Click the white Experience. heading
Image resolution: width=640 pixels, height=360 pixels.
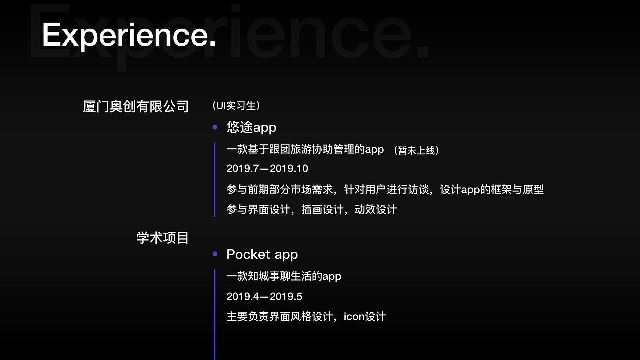tap(129, 35)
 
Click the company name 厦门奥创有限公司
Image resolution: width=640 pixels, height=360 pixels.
tap(136, 107)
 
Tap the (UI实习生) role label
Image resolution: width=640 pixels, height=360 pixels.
tap(236, 105)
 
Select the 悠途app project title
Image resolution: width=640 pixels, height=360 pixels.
tap(251, 127)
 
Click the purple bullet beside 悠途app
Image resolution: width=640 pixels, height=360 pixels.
tap(215, 127)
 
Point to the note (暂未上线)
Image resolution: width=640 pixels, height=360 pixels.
tap(416, 150)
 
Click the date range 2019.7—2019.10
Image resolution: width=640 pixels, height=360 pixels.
tap(267, 169)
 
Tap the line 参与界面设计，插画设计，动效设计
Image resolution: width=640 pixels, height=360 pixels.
tap(311, 209)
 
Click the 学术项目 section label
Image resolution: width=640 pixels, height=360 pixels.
tap(162, 238)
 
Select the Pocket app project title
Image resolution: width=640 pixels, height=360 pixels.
tap(262, 254)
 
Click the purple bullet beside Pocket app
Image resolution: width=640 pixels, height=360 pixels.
tap(215, 254)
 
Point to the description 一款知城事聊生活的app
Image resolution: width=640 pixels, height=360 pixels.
tap(284, 276)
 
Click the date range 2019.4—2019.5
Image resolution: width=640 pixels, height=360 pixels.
tap(264, 297)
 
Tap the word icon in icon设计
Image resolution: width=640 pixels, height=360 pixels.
tap(354, 317)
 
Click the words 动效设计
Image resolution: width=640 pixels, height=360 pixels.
tap(376, 209)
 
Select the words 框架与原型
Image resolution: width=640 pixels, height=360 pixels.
tap(517, 189)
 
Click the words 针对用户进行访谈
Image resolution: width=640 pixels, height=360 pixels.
tap(386, 189)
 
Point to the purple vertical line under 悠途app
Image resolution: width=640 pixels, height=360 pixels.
tap(215, 180)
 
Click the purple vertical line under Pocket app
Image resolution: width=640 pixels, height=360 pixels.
tap(215, 315)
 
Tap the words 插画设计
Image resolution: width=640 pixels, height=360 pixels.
tap(322, 209)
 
